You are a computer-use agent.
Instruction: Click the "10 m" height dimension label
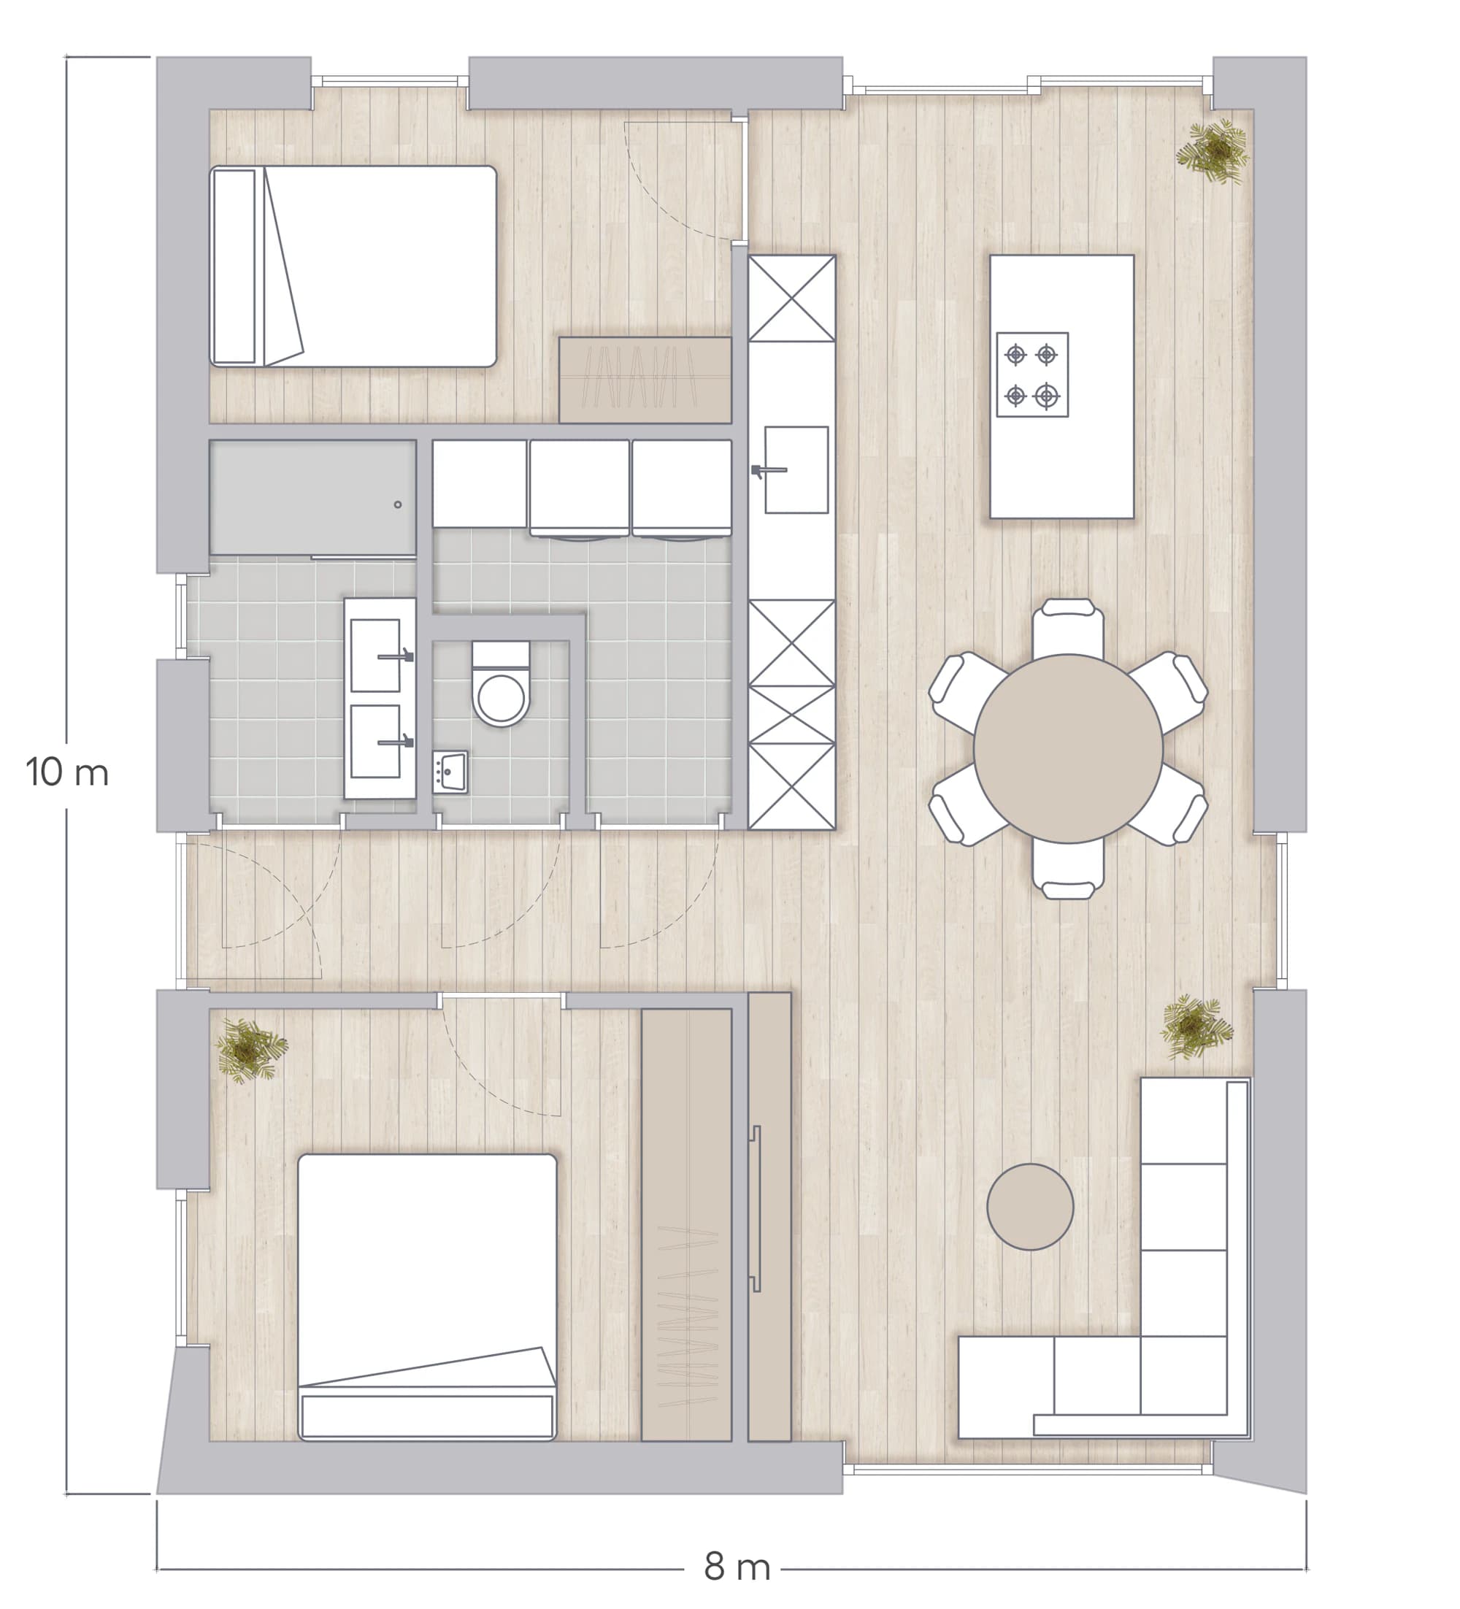tap(67, 772)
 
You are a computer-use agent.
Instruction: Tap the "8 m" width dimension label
tap(736, 1567)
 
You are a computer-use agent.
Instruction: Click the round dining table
tap(1068, 748)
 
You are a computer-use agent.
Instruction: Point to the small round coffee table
tap(1030, 1207)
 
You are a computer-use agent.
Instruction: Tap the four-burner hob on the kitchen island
tap(1032, 375)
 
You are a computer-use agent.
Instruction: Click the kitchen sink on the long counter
tap(796, 469)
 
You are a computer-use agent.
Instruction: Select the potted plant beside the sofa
tap(1194, 1026)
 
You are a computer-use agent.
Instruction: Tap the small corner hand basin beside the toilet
tap(450, 772)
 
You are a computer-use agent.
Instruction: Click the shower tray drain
tap(398, 505)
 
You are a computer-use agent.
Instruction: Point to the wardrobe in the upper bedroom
tap(645, 380)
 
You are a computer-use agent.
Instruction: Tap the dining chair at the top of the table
tap(1068, 627)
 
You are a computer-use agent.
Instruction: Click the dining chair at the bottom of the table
tap(1068, 869)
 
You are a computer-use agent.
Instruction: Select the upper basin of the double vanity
tap(376, 656)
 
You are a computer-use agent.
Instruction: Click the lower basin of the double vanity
tap(376, 741)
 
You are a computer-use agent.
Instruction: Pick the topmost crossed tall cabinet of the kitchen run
tap(792, 298)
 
